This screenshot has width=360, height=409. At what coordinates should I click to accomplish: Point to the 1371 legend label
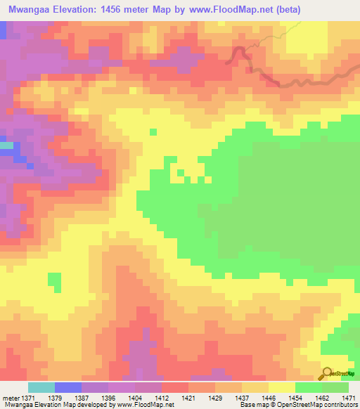21,398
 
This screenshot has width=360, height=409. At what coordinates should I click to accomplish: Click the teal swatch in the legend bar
41,387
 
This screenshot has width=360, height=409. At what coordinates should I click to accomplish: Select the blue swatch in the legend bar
68,387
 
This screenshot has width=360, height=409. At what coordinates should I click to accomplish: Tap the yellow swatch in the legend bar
282,387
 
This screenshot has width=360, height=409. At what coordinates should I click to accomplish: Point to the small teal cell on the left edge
6,145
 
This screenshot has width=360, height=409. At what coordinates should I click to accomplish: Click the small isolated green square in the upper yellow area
153,131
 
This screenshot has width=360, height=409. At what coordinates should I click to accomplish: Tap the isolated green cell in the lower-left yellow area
55,281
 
